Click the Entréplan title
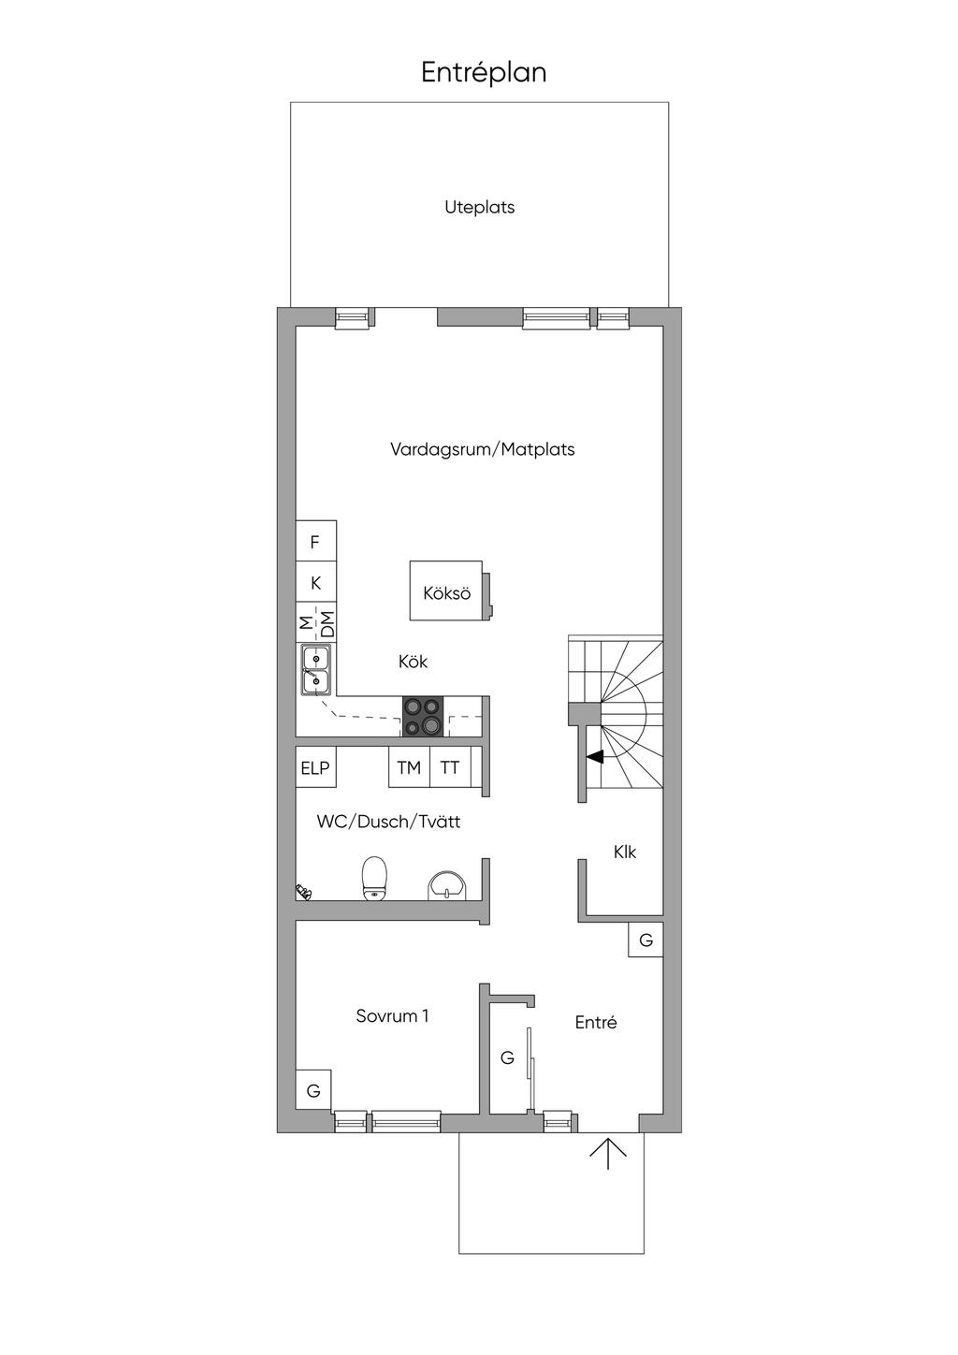tap(484, 73)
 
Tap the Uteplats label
tap(480, 208)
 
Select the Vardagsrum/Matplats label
tap(482, 449)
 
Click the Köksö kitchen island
tap(447, 590)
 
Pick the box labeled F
tap(315, 541)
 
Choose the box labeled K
tap(315, 582)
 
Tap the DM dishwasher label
tap(327, 623)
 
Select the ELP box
tap(315, 767)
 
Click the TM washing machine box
tap(409, 767)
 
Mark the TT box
tap(450, 767)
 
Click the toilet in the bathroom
tap(374, 879)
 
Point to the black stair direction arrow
tap(594, 756)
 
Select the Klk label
tap(625, 852)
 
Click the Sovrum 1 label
tap(392, 1015)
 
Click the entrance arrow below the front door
tap(608, 1153)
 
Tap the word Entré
tap(596, 1022)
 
